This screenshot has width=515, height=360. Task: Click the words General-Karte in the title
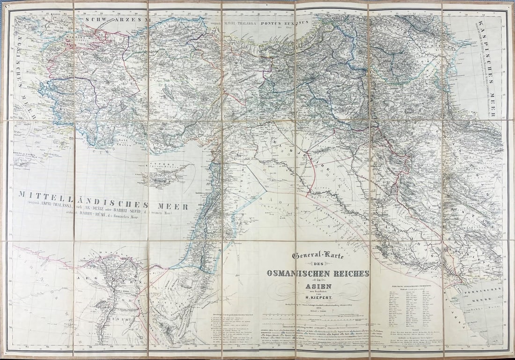click(318, 256)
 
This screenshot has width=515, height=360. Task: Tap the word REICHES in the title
click(351, 273)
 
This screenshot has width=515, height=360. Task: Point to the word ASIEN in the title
click(318, 287)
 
